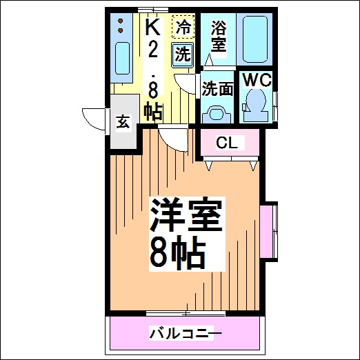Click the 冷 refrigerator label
pos(183,27)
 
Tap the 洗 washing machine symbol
pos(183,55)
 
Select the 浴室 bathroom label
pos(219,36)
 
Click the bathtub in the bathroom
pos(254,39)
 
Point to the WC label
pos(257,80)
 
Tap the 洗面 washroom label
pos(217,89)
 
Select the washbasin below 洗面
pos(217,114)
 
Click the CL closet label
pos(227,143)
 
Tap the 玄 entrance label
pos(123,122)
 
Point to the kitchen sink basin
pos(122,58)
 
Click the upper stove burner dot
pos(120,21)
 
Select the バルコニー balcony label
pos(186,333)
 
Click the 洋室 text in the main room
pos(186,214)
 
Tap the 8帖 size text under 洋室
pos(177,253)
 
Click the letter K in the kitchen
pos(152,26)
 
